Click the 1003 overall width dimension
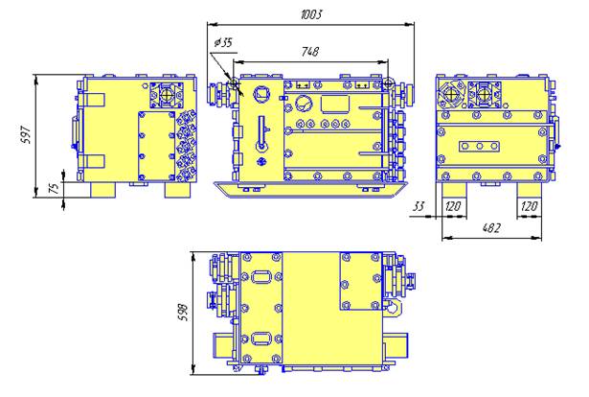tap(311, 14)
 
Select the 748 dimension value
tap(310, 51)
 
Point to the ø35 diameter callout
tap(223, 43)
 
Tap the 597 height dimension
tap(26, 134)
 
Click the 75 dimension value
tap(55, 188)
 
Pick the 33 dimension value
tap(419, 206)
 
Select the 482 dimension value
tap(491, 228)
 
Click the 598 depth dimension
tap(183, 312)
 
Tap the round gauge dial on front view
tap(304, 104)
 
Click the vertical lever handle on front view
tap(261, 134)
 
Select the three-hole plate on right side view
tap(479, 146)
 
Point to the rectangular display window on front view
tap(335, 105)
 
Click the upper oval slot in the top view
tap(261, 278)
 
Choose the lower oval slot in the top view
tap(261, 339)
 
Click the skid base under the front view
tap(310, 189)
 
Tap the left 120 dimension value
tap(453, 206)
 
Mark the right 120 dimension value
tap(530, 206)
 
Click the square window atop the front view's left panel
tap(261, 93)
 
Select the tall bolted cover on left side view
tap(157, 147)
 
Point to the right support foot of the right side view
tap(530, 190)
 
